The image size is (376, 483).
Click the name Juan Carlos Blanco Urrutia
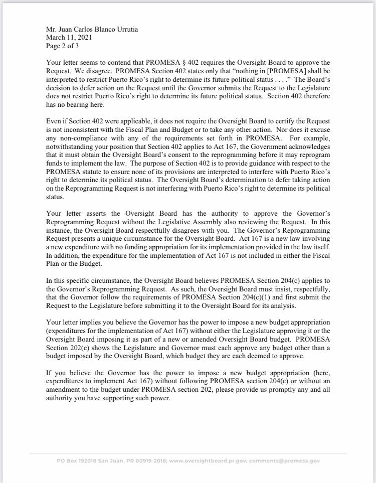(99, 30)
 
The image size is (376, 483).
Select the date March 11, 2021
(69, 38)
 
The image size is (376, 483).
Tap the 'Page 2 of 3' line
(62, 46)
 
